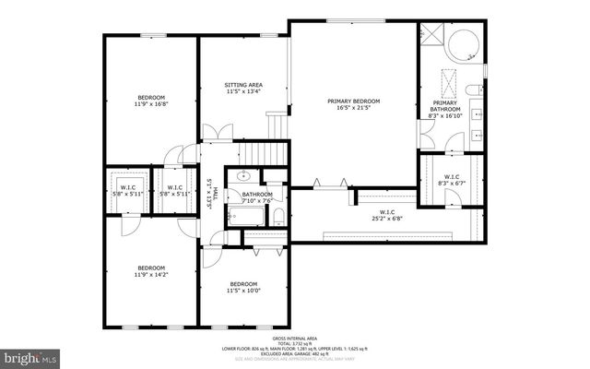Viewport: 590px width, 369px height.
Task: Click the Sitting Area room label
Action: point(243,87)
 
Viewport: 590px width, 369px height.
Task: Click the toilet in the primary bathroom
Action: point(471,89)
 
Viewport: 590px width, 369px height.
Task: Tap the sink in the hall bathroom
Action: point(243,174)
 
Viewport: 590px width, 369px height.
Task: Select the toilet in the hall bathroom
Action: point(277,217)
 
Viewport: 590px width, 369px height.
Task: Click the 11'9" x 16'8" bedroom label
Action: point(151,101)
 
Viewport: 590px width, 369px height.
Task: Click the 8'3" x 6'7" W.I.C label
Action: point(452,181)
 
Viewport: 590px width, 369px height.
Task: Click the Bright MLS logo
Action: point(29,355)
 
